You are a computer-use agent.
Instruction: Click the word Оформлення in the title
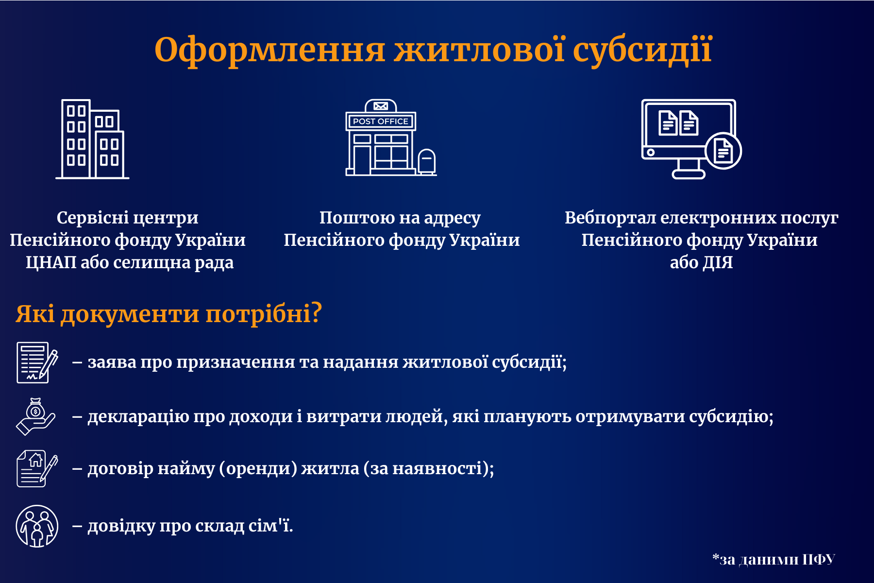pos(270,51)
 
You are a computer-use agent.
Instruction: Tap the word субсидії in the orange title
pos(642,51)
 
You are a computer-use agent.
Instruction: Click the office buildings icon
pos(92,140)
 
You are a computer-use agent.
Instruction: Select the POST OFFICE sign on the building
pos(380,121)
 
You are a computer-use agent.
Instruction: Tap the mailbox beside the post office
pos(426,162)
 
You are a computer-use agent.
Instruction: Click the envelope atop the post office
pos(381,106)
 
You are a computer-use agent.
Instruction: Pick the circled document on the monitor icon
pos(723,151)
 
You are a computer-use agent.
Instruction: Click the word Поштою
pos(357,218)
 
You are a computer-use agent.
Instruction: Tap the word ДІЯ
pos(718,263)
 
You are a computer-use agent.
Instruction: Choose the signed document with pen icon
pos(36,362)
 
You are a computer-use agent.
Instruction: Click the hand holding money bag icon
pos(35,417)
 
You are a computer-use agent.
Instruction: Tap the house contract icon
pos(36,469)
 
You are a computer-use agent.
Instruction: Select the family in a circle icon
pos(37,526)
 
